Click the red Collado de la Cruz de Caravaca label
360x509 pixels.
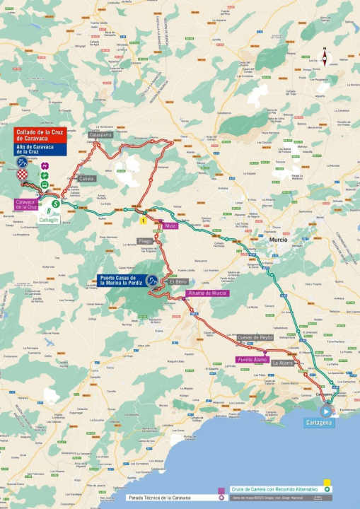click(x=40, y=135)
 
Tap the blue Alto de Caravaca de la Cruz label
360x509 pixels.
click(x=40, y=148)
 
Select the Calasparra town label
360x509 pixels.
click(x=100, y=134)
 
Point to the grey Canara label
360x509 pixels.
click(x=86, y=179)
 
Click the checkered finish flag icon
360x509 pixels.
click(x=23, y=174)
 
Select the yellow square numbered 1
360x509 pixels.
click(x=143, y=221)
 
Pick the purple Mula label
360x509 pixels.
click(x=170, y=226)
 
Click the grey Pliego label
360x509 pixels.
click(x=146, y=240)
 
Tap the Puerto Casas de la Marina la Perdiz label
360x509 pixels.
click(x=121, y=280)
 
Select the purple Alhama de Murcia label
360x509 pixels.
click(x=207, y=293)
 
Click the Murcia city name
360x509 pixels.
click(x=277, y=240)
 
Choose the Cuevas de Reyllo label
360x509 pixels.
click(x=255, y=338)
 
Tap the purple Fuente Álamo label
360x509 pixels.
click(x=251, y=360)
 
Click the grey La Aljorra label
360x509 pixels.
click(x=283, y=363)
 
